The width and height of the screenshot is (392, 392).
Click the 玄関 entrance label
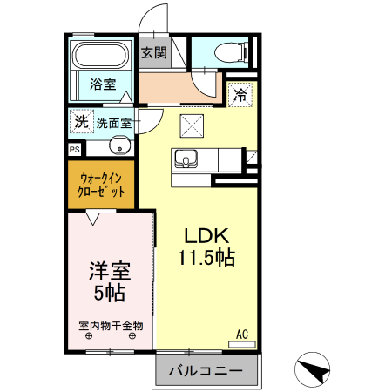(x=154, y=53)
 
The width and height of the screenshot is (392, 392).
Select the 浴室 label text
(x=103, y=84)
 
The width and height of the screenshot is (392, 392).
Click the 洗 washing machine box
(x=81, y=121)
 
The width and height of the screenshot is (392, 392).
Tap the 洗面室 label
(x=114, y=123)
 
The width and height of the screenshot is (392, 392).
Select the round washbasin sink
(x=121, y=145)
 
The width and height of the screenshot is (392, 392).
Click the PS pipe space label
(x=74, y=149)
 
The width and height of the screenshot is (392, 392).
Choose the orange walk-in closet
(x=102, y=184)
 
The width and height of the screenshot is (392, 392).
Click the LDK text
(x=206, y=236)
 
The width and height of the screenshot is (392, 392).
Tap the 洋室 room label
(x=109, y=270)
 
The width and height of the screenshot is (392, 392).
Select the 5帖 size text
(x=109, y=293)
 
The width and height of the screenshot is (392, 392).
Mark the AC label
(x=243, y=332)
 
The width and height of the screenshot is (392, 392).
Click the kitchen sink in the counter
(x=186, y=159)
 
